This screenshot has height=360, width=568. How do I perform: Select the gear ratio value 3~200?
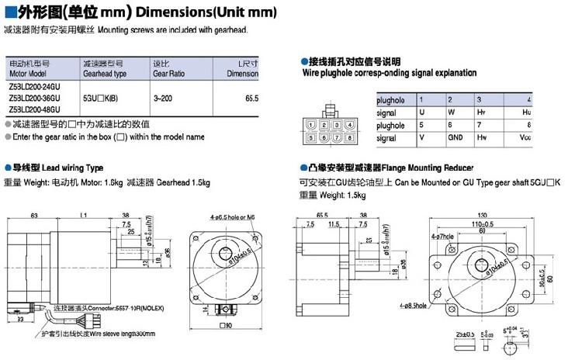[162, 99]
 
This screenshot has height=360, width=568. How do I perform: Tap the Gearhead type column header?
[104, 74]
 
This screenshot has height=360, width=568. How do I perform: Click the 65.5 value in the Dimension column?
[251, 99]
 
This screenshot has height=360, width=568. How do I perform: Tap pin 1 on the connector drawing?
[311, 126]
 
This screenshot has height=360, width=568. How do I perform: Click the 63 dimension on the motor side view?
[34, 215]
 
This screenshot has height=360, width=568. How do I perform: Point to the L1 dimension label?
[84, 215]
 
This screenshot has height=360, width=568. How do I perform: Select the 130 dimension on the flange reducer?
[483, 215]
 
